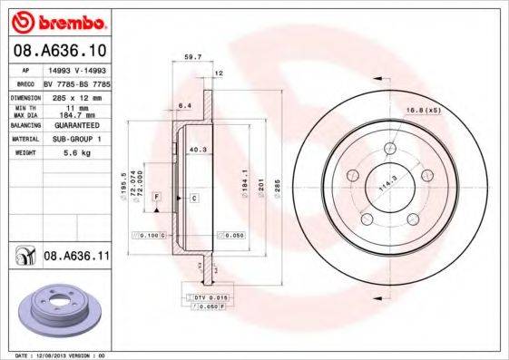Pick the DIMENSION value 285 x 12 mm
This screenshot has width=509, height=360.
pos(75,95)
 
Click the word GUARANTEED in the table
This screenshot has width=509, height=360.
pos(75,124)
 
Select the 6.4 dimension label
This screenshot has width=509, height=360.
pos(184,105)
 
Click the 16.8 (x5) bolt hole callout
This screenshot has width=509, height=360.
pos(424,110)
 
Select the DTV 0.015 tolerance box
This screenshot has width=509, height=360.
pos(206,297)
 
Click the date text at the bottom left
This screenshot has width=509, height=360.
pos(62,356)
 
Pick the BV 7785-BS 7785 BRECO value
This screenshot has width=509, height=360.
pos(75,82)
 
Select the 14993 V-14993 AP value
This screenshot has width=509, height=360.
pos(75,69)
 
